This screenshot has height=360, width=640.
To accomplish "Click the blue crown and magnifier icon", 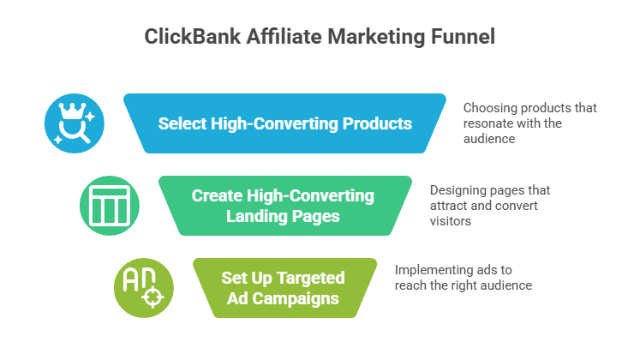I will tap(75, 123).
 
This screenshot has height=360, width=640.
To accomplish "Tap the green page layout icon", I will tap(109, 206).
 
